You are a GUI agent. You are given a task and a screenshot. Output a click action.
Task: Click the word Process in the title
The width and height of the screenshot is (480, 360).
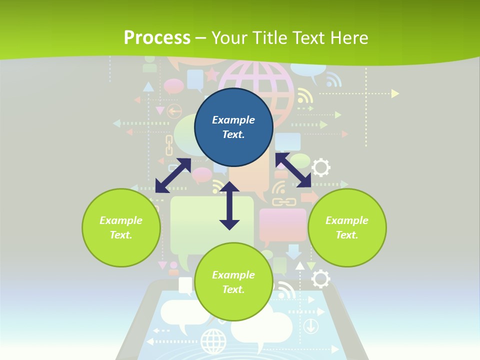point(157,37)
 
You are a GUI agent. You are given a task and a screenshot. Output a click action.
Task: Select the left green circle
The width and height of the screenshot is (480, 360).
point(121,227)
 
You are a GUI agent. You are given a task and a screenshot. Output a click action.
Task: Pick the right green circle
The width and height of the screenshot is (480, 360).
point(347,227)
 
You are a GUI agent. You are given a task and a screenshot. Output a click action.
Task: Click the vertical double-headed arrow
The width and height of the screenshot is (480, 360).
point(229,205)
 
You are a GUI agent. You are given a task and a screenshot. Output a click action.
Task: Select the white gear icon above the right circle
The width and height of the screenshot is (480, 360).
point(320,167)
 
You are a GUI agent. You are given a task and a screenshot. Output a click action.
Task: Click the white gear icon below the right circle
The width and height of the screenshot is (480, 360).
point(320,279)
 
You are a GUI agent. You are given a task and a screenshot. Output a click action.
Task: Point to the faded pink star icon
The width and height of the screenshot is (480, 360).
point(212,75)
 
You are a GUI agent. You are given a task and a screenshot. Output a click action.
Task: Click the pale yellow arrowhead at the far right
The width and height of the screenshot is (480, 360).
point(395,93)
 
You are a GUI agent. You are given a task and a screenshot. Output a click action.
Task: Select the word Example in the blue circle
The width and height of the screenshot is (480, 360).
point(233,120)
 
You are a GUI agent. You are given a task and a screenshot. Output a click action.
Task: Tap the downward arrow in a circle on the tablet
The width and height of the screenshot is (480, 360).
point(311,326)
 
